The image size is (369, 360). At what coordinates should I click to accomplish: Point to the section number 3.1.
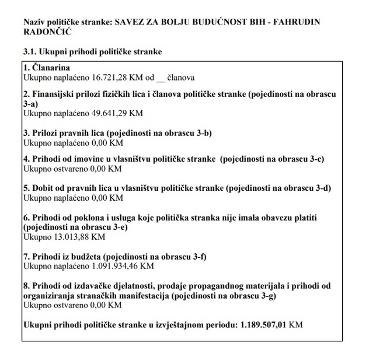pos(31,52)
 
